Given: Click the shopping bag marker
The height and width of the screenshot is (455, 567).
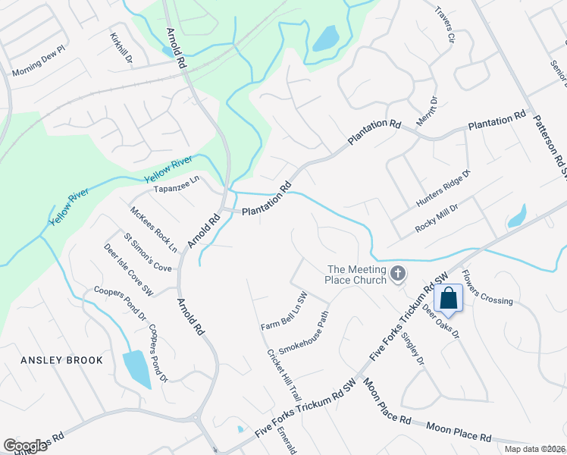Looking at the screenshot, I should tap(449, 299).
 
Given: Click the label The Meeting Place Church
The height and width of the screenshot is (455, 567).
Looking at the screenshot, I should tap(357, 275).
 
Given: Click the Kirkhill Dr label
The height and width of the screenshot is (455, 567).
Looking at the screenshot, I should tap(121, 48).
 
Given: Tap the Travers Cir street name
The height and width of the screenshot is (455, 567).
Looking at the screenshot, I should tap(444, 24).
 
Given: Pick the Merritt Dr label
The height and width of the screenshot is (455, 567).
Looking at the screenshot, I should tap(427, 111).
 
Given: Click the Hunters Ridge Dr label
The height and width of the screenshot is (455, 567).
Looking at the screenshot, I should tap(443, 188).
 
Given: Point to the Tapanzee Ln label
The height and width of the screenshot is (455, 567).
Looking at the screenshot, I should tap(176, 184).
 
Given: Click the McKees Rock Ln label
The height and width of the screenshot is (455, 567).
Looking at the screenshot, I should tap(154, 229).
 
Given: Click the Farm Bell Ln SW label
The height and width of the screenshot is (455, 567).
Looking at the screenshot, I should tap(283, 312).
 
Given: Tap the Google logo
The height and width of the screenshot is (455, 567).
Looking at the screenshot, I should tap(25, 446).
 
